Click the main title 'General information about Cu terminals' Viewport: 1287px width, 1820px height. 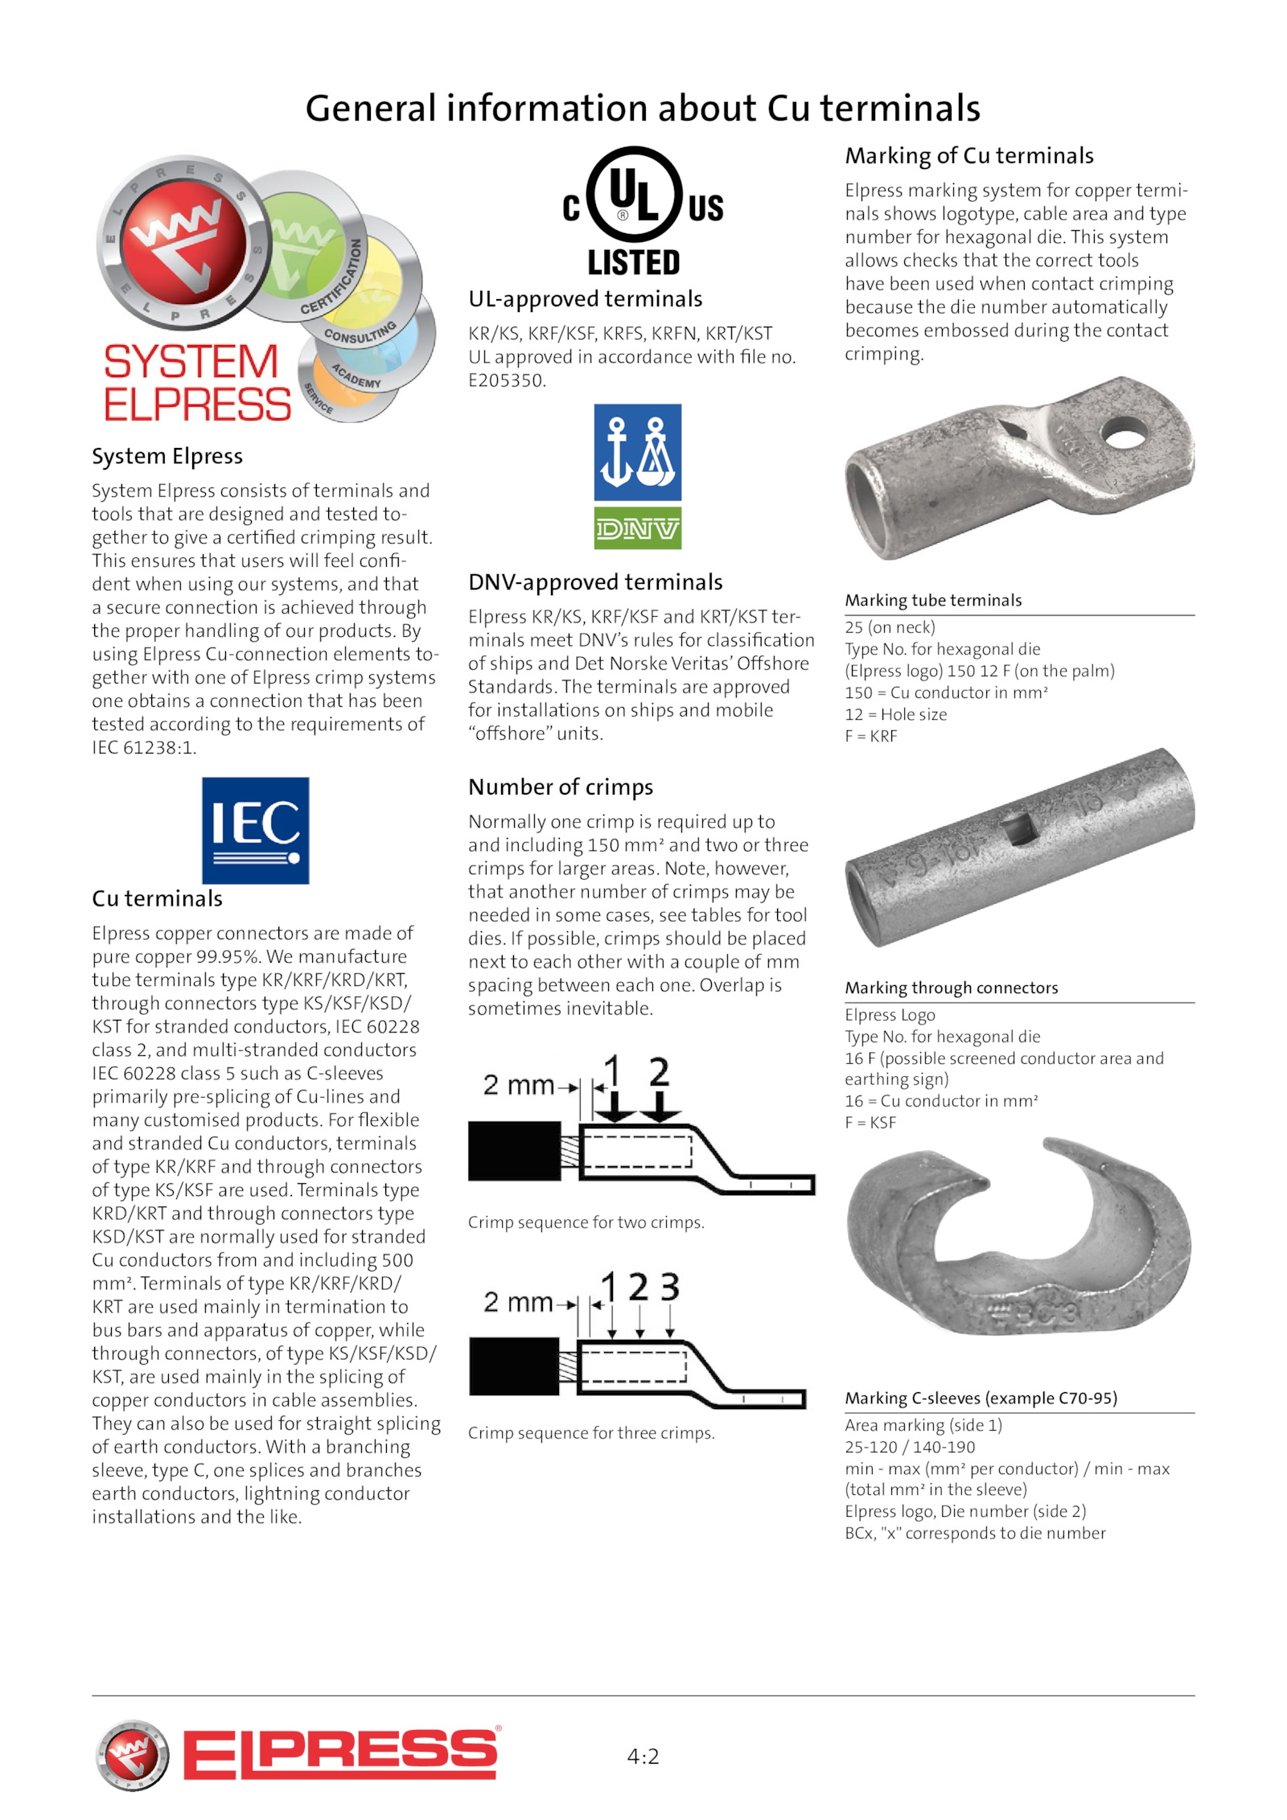643,109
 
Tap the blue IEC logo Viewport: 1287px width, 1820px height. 255,830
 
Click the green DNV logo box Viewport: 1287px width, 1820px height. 637,528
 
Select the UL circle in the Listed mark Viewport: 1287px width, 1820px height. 634,194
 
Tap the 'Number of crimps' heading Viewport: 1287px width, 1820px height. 561,787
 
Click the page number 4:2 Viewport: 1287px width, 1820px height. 643,1756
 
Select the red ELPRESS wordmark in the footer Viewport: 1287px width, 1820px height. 339,1752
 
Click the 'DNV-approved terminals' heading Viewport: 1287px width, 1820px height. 595,581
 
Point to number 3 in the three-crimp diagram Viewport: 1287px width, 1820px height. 669,1287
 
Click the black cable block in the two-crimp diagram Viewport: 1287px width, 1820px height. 515,1150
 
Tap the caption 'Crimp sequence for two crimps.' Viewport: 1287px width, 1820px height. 586,1222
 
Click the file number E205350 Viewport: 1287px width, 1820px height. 507,380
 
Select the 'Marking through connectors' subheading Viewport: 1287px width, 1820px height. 951,988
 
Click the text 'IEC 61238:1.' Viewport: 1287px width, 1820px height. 144,748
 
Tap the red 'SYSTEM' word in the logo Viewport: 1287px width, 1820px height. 191,362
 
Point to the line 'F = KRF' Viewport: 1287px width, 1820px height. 870,736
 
